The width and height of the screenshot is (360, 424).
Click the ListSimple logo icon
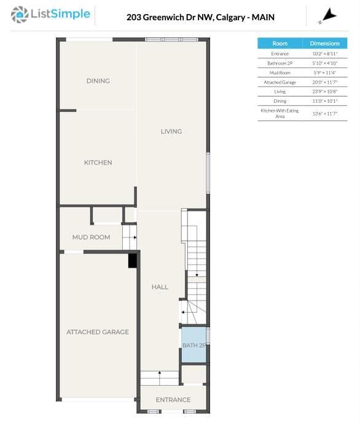[20, 15]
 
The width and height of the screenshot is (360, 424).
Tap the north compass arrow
[328, 16]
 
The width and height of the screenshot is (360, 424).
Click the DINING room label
[98, 81]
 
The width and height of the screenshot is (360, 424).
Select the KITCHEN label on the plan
[98, 162]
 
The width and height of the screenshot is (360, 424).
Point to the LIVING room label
[171, 132]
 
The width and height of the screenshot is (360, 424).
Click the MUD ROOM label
[91, 237]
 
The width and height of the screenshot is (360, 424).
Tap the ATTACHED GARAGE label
[98, 332]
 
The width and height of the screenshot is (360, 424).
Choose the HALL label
[160, 287]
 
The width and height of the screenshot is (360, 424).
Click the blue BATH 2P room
[194, 345]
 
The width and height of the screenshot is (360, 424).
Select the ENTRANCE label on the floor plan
[173, 399]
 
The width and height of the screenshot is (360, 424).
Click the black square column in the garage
[132, 261]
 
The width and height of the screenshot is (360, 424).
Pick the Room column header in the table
[280, 43]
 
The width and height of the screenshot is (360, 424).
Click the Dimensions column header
[325, 43]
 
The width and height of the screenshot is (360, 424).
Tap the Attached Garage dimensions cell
[325, 82]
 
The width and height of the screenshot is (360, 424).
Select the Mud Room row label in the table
[280, 73]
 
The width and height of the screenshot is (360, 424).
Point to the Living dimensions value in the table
[325, 92]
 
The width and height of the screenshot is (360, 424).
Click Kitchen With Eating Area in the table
[280, 113]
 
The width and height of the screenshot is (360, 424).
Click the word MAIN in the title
[263, 17]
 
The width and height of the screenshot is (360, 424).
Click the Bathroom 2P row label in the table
[280, 63]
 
